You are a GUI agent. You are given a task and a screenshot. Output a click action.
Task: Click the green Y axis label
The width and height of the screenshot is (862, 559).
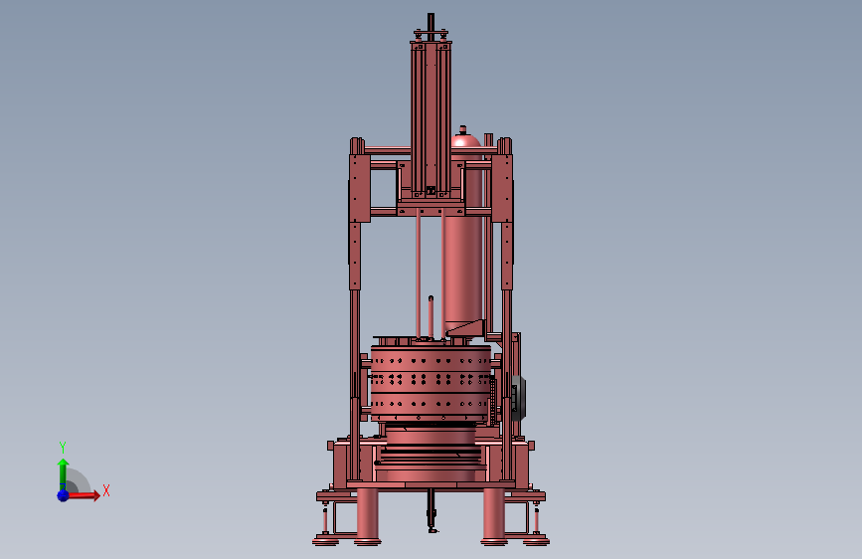(63, 447)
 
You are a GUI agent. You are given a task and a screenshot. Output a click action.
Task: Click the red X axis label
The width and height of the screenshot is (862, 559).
(105, 490)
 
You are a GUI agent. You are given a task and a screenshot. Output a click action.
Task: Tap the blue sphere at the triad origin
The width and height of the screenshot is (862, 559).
(63, 494)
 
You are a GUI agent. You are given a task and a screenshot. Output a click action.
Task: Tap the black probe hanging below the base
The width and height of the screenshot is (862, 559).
(431, 514)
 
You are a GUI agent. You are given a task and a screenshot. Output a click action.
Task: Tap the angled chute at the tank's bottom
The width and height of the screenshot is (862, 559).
(467, 327)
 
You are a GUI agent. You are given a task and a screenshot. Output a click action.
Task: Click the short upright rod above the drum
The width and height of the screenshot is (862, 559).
(431, 316)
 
